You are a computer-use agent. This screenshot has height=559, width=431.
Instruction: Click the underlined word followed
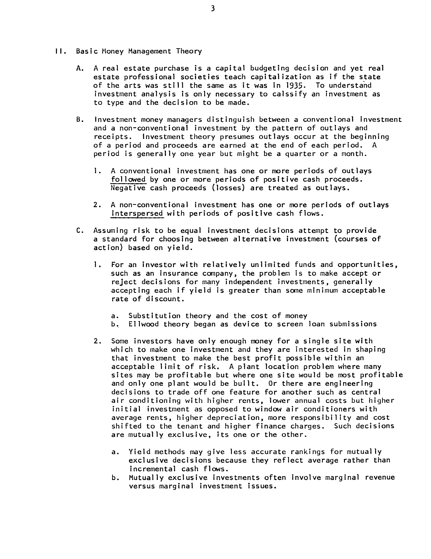click(128, 179)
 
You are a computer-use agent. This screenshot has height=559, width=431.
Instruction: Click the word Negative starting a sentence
click(128, 188)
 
